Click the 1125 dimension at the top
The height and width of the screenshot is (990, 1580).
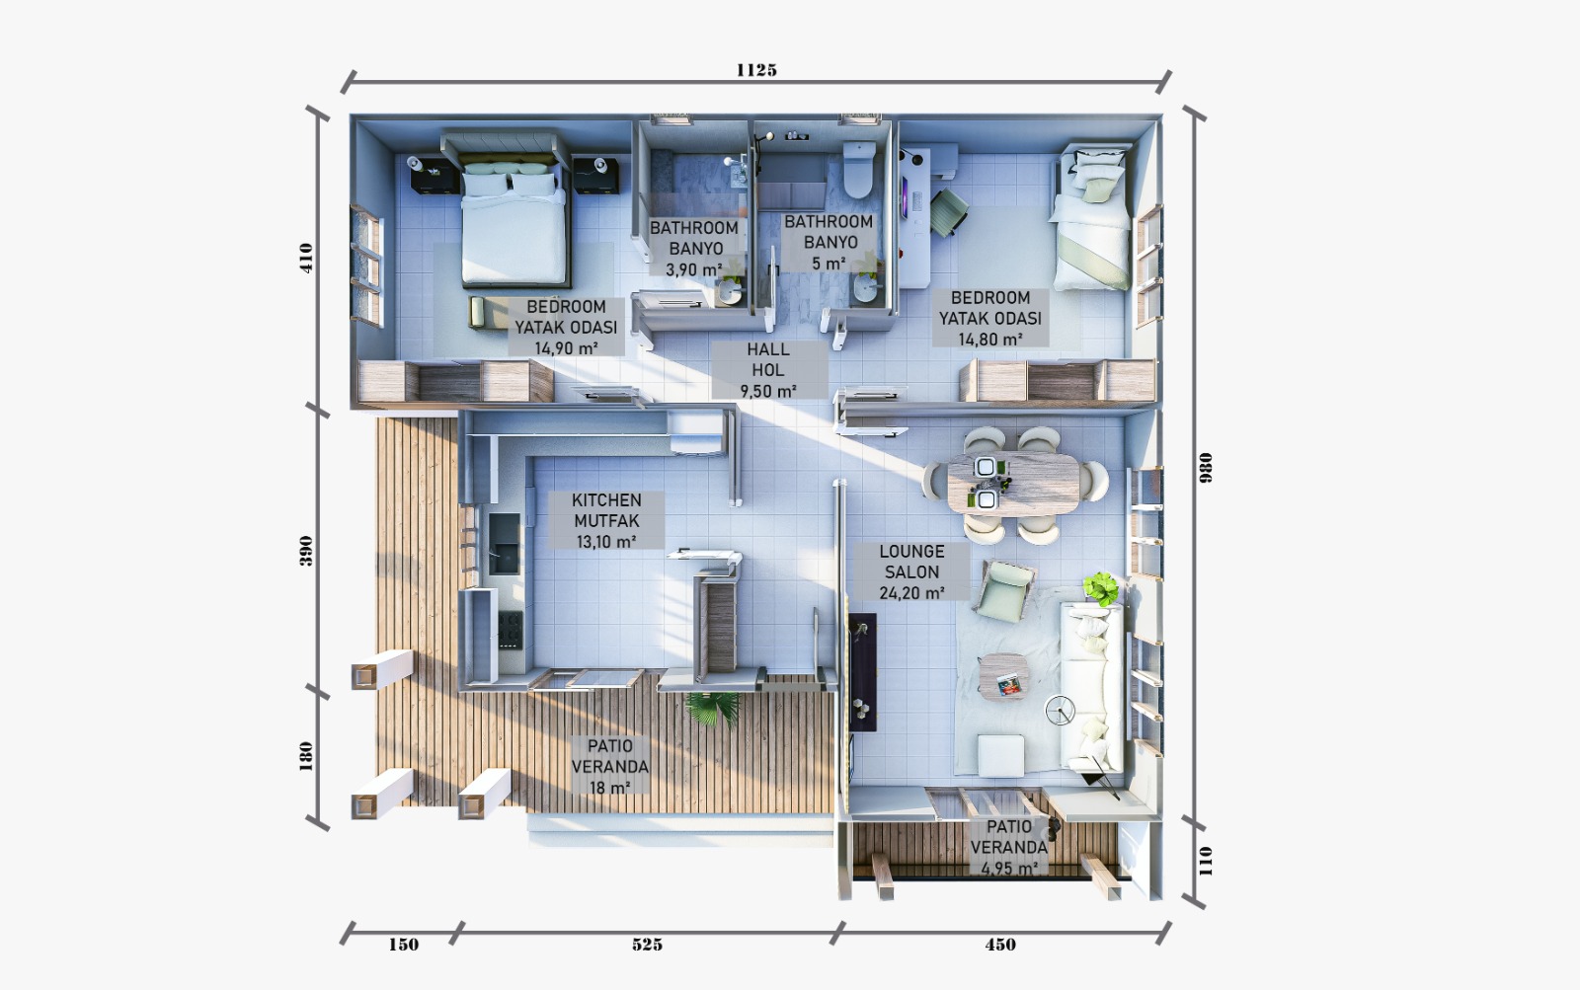pyautogui.click(x=756, y=70)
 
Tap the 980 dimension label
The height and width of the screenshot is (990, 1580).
pyautogui.click(x=1206, y=468)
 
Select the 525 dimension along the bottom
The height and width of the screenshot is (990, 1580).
pyautogui.click(x=647, y=945)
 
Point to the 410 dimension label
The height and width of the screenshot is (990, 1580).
pyautogui.click(x=306, y=258)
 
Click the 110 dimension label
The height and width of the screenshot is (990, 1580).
pyautogui.click(x=1206, y=861)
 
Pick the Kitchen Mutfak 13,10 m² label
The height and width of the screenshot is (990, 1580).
pyautogui.click(x=606, y=520)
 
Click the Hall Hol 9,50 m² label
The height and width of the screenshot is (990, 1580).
pyautogui.click(x=768, y=369)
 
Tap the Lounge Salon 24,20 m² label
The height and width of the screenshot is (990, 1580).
pyautogui.click(x=912, y=571)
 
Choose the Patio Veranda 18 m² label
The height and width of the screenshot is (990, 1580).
pyautogui.click(x=610, y=766)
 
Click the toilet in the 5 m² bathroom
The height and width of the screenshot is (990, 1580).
pyautogui.click(x=859, y=170)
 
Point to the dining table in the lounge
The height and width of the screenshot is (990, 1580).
pyautogui.click(x=1013, y=483)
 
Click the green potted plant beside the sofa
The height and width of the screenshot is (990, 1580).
pyautogui.click(x=1100, y=587)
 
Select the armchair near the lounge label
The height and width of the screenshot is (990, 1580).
pyautogui.click(x=1005, y=591)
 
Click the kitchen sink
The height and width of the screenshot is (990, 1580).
pyautogui.click(x=505, y=543)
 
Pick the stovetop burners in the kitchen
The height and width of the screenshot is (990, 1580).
pyautogui.click(x=510, y=629)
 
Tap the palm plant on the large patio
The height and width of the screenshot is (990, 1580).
pyautogui.click(x=712, y=708)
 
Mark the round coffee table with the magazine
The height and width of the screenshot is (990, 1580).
pyautogui.click(x=1003, y=675)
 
